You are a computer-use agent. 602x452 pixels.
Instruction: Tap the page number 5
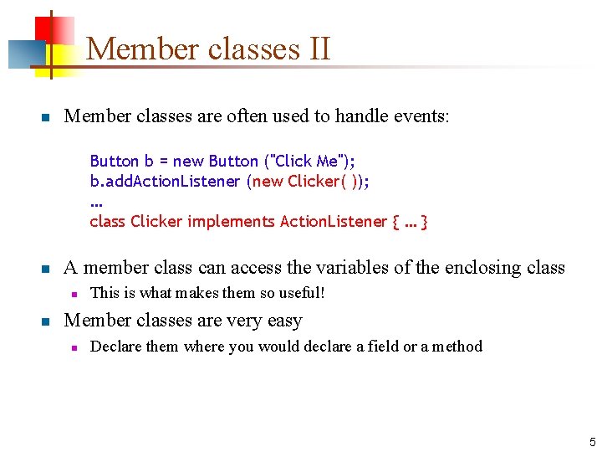[x=592, y=441]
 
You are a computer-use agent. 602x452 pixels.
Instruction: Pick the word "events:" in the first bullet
[x=422, y=116]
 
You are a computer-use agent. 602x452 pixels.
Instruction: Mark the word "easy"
[x=283, y=321]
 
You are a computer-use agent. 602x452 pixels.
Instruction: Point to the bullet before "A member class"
[x=47, y=270]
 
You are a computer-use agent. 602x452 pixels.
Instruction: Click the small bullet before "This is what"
[x=74, y=294]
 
